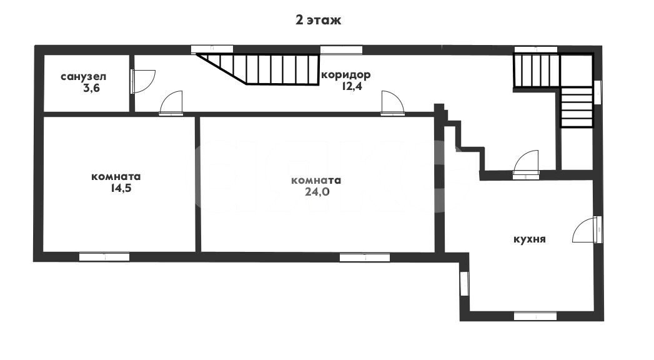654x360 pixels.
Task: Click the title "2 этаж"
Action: (318, 20)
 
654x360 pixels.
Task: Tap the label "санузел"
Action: (84, 77)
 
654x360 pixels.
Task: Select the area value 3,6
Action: (91, 88)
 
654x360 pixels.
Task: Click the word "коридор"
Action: (346, 75)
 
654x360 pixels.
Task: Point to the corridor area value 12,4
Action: (352, 87)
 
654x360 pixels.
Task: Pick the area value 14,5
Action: (121, 188)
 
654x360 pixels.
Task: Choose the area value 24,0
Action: (317, 192)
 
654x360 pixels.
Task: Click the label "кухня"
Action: (529, 239)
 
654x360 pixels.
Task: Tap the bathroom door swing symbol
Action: (143, 81)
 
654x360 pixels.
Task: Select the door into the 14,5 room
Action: (171, 102)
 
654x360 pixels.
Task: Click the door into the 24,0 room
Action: (392, 102)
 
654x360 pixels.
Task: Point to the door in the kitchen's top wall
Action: (525, 164)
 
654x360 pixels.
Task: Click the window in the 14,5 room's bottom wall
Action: (104, 257)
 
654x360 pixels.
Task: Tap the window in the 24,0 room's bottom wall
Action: (365, 257)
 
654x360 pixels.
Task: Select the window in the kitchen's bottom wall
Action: (535, 316)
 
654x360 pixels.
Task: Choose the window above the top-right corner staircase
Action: (536, 49)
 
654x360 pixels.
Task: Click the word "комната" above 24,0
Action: (316, 181)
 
